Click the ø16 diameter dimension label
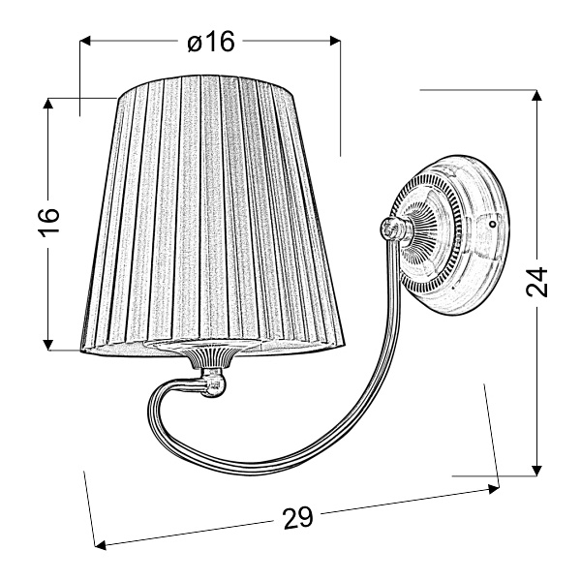pyautogui.click(x=210, y=42)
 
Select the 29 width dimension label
pyautogui.click(x=299, y=517)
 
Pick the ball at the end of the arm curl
pyautogui.click(x=216, y=391)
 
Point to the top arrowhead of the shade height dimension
pyautogui.click(x=47, y=102)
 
